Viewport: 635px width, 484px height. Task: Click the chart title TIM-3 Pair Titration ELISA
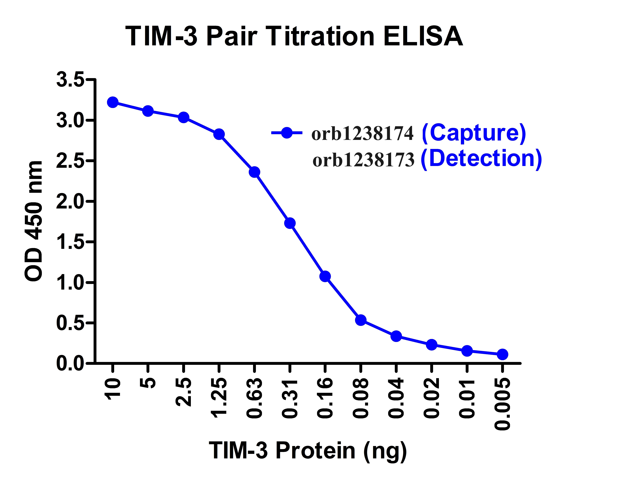point(294,37)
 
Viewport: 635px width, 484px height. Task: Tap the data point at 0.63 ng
point(254,172)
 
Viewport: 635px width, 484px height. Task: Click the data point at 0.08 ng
point(361,320)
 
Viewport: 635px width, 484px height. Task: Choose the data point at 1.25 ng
point(219,134)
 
